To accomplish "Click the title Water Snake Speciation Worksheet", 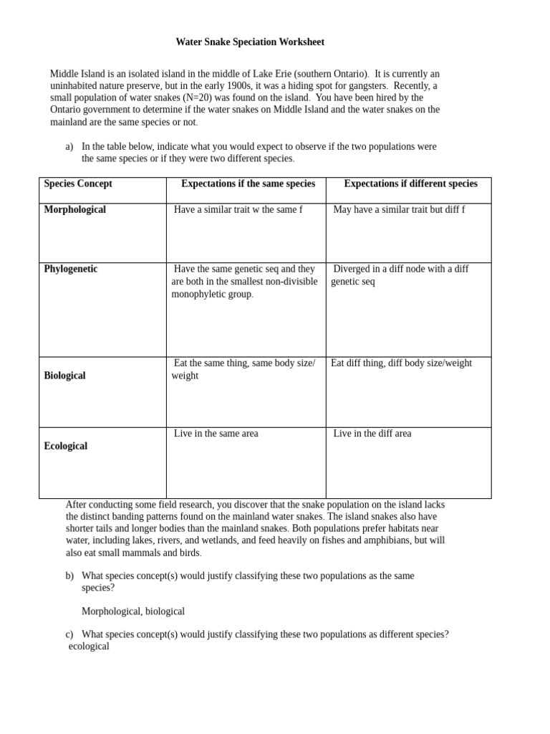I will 250,42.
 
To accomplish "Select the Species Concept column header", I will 78,183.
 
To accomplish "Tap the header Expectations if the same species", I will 248,183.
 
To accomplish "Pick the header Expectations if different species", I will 410,183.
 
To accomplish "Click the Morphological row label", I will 74,210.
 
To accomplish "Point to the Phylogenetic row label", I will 71,270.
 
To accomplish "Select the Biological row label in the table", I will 64,376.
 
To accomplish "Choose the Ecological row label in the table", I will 65,446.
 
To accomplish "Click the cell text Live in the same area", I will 216,434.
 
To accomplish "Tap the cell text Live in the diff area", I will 372,434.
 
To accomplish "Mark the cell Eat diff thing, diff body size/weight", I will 401,363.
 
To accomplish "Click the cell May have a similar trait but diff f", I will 399,210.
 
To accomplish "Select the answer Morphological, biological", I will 133,611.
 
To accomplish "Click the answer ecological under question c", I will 89,647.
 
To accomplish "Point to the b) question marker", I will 69,576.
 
